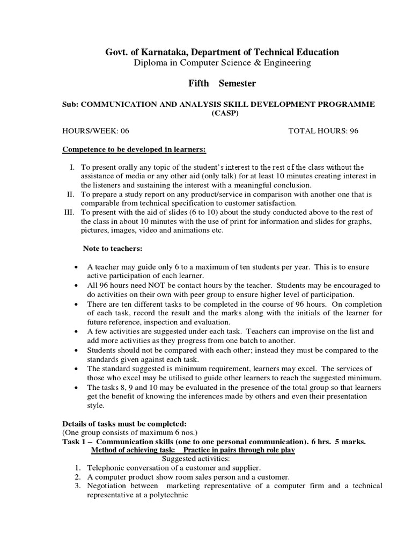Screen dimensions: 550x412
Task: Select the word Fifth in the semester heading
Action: coord(198,83)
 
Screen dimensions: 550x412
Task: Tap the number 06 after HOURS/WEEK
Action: coord(124,131)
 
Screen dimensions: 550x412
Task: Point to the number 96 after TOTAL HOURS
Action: coord(354,131)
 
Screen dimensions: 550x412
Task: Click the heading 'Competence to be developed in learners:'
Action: coord(134,149)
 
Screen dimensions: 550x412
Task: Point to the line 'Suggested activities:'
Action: coord(195,459)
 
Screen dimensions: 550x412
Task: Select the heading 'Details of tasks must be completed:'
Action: coord(124,424)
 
